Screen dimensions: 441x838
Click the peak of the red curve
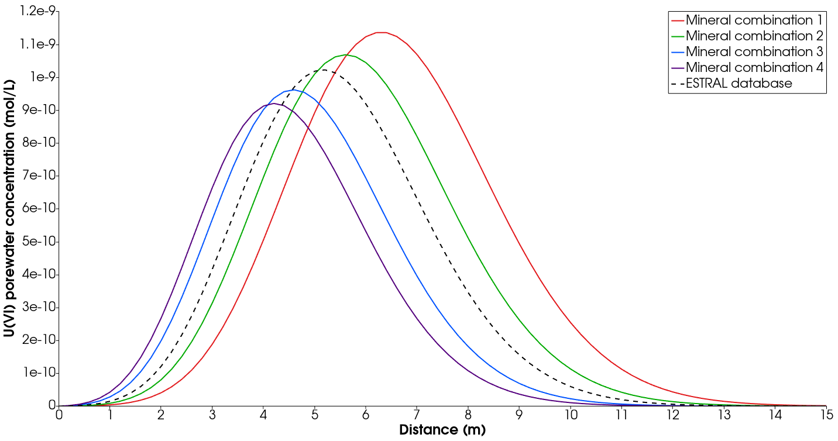click(x=381, y=32)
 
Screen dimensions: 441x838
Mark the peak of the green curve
click(x=345, y=55)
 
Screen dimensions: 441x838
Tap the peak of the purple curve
click(x=273, y=104)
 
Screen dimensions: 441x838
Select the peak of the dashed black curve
click(x=324, y=70)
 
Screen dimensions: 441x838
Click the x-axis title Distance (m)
click(x=442, y=430)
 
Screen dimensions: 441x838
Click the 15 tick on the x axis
click(x=826, y=415)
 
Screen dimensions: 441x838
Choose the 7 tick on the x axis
click(x=417, y=415)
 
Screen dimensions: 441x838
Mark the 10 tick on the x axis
click(x=570, y=415)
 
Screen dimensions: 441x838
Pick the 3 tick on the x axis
click(x=212, y=415)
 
